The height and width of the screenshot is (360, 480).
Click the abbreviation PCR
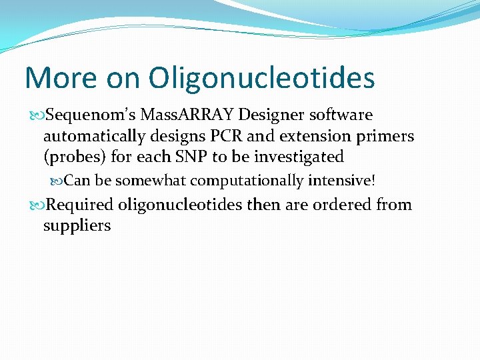point(215,136)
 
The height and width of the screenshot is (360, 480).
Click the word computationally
point(246,181)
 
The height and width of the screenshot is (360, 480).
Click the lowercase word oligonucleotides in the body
point(180,204)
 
